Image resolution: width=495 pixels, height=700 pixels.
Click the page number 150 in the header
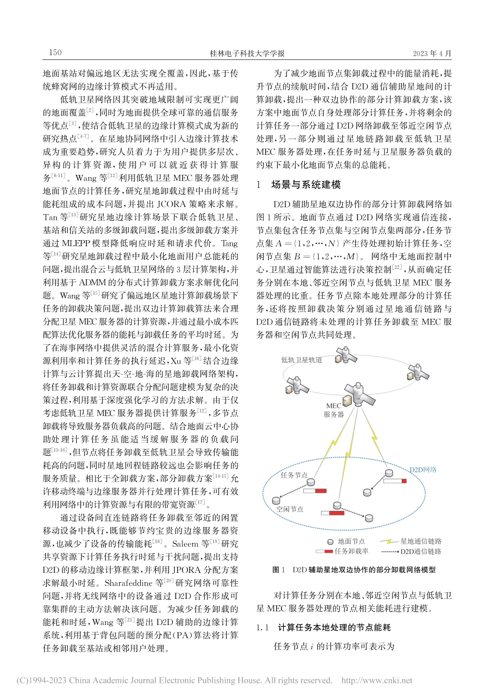(x=55, y=52)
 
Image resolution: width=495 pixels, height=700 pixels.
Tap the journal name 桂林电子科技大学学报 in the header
(x=247, y=53)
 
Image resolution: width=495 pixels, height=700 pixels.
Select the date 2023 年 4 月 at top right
(x=432, y=53)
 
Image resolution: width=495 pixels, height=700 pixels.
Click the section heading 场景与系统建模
(x=306, y=184)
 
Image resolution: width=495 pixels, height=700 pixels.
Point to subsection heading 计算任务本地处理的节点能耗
(x=334, y=628)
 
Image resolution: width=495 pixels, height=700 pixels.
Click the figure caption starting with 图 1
(x=354, y=570)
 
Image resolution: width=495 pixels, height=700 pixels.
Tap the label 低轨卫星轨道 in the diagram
(x=302, y=360)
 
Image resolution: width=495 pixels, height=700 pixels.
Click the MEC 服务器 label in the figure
(x=334, y=410)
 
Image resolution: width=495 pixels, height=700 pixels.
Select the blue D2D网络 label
(x=423, y=469)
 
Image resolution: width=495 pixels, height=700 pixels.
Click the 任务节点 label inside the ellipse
(x=294, y=475)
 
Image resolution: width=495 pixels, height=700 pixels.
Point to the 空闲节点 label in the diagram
(x=290, y=509)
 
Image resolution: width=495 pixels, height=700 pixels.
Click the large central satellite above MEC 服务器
(x=357, y=393)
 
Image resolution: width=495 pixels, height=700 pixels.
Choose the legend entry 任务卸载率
(x=351, y=551)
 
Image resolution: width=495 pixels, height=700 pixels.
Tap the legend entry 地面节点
(x=351, y=541)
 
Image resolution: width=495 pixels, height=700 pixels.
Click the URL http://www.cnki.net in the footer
(x=376, y=680)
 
